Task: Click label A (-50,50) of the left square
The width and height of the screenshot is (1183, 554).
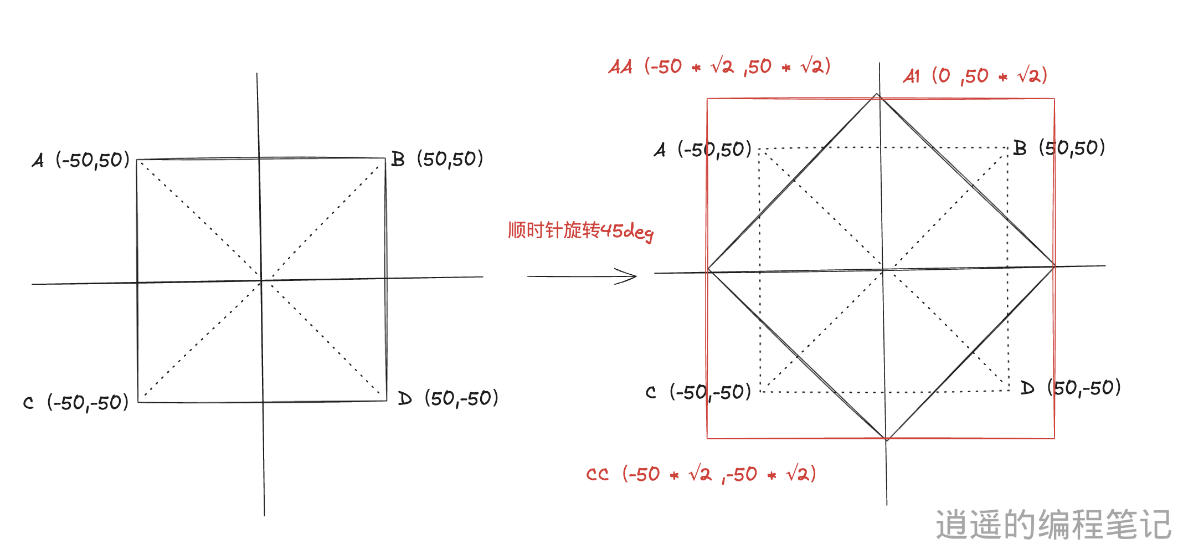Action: [81, 160]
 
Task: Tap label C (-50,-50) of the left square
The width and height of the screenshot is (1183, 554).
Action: [76, 402]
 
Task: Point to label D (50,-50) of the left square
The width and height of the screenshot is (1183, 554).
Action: [448, 398]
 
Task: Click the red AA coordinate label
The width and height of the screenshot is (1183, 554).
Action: [719, 67]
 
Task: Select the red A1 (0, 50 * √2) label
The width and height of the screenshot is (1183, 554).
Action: [975, 76]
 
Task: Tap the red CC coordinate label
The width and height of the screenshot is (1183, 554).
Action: [701, 474]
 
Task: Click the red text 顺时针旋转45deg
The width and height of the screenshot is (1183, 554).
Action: [580, 231]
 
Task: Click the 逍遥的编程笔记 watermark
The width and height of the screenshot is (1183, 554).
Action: [1053, 524]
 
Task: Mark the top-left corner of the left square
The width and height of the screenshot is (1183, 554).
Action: [137, 160]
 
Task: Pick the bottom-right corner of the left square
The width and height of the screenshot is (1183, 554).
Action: [386, 401]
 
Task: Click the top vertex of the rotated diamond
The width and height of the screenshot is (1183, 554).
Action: [877, 95]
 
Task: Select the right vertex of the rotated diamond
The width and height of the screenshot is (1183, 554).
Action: [1054, 266]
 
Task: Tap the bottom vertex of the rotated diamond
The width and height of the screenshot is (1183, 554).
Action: [886, 439]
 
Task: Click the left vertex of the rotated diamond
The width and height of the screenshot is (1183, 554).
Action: [708, 270]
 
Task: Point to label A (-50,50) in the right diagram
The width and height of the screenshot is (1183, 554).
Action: [702, 150]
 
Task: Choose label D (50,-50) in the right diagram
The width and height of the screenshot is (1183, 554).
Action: [1071, 388]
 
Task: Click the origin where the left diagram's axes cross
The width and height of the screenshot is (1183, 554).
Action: [260, 281]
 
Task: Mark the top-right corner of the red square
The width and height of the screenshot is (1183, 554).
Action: [1054, 99]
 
